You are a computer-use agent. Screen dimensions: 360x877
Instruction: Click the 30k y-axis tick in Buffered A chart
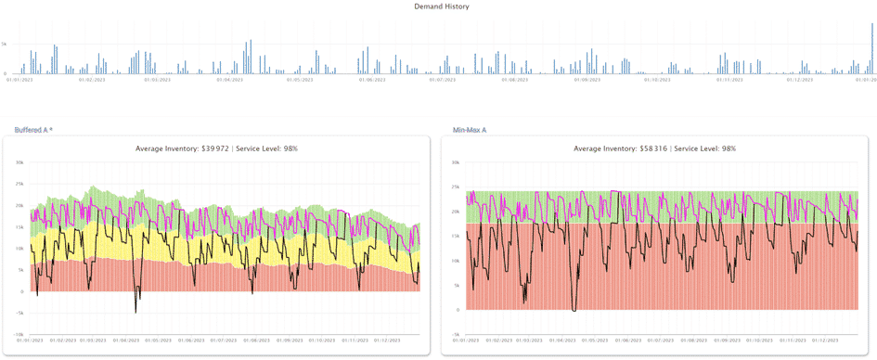tap(19, 162)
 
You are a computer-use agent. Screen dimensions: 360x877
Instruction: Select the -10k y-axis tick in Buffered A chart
tap(18, 334)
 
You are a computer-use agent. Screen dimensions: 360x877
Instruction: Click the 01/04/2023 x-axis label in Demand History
tap(229, 81)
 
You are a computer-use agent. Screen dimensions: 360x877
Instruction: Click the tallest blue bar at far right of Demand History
tap(872, 46)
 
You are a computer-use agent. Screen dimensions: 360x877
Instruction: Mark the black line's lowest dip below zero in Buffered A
tap(135, 312)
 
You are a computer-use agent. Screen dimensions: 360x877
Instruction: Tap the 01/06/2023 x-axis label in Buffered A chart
tap(193, 341)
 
